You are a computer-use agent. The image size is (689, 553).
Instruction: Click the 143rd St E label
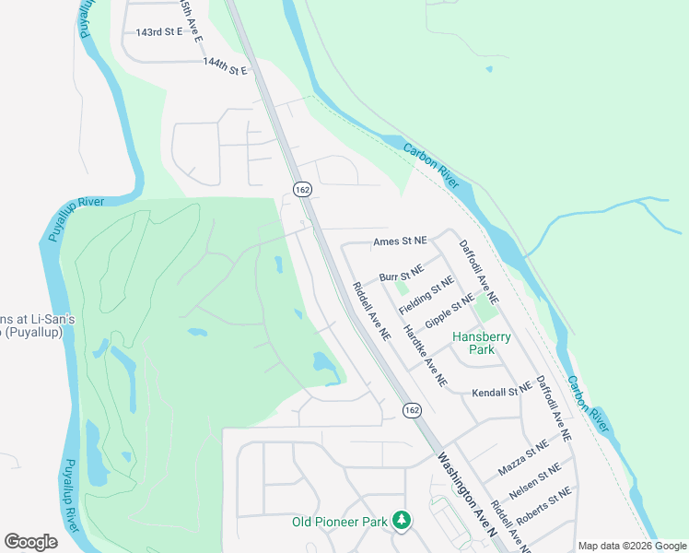[x=160, y=32]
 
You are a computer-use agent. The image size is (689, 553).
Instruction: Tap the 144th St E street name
[x=226, y=67]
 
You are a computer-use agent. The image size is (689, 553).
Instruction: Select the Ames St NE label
[x=400, y=241]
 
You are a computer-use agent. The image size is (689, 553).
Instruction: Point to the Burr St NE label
[x=401, y=274]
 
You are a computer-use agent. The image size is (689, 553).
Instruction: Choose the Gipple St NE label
[x=450, y=314]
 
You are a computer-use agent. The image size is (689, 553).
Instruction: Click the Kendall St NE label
[x=502, y=393]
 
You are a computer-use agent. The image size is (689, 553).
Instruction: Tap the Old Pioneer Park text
[x=339, y=522]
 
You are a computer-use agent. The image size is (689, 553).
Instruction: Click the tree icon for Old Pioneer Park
[x=401, y=521]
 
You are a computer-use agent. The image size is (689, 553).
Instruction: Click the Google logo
[x=30, y=542]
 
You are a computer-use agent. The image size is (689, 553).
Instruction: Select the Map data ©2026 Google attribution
[x=631, y=546]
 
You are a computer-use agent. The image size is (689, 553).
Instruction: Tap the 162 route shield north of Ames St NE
[x=302, y=188]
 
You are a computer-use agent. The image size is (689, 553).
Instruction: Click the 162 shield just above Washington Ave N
[x=411, y=409]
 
